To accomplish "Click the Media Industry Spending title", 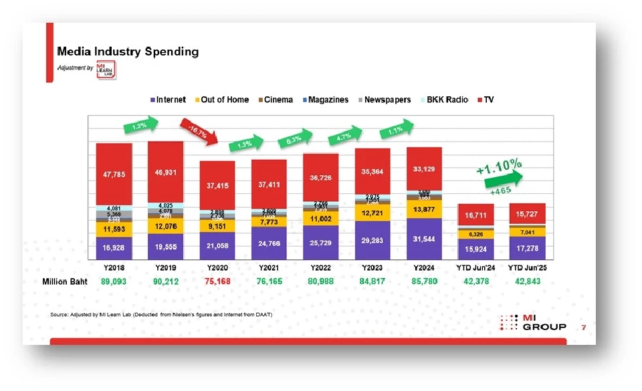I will pyautogui.click(x=128, y=51).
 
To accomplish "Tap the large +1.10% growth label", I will pyautogui.click(x=500, y=164).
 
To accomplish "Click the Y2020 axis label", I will pyautogui.click(x=217, y=268).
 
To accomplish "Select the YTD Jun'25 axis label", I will pyautogui.click(x=527, y=268).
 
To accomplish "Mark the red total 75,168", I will pyautogui.click(x=217, y=281).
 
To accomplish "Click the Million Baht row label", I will pyautogui.click(x=66, y=281).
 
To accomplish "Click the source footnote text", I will pyautogui.click(x=161, y=314).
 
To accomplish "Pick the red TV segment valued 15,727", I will pyautogui.click(x=527, y=215).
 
